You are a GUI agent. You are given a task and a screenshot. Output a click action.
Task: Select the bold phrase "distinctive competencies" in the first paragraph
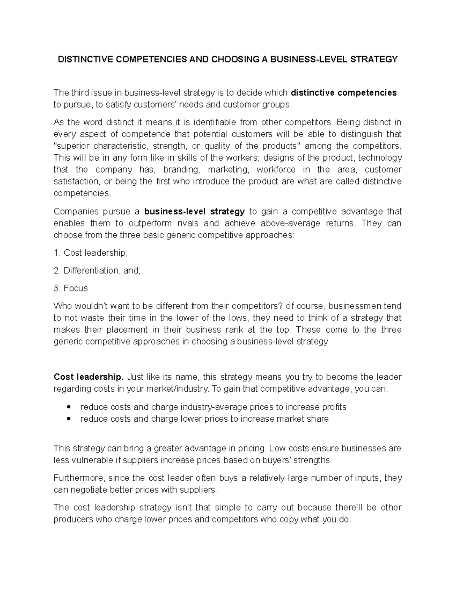point(344,93)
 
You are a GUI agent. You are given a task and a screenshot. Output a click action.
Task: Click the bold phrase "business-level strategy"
point(195,212)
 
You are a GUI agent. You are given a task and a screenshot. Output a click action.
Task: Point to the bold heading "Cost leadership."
point(89,377)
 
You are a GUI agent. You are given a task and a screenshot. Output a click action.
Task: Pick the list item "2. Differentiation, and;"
point(97,271)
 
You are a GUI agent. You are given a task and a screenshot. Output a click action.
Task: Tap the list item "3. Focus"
point(71,288)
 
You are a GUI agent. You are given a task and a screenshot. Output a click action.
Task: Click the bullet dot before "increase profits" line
point(68,407)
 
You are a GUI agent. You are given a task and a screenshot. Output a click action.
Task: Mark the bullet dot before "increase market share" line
point(68,419)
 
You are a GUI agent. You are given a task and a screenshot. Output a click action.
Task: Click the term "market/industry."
point(176,389)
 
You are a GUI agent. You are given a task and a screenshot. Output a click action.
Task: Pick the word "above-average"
point(291,223)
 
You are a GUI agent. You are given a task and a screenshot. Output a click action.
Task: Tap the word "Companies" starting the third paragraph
point(75,212)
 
